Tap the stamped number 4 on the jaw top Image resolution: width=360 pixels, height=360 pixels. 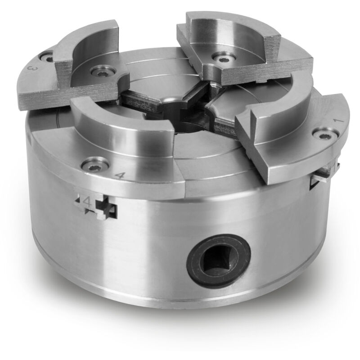tap(120, 175)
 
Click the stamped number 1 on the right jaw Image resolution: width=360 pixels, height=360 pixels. tap(339, 121)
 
